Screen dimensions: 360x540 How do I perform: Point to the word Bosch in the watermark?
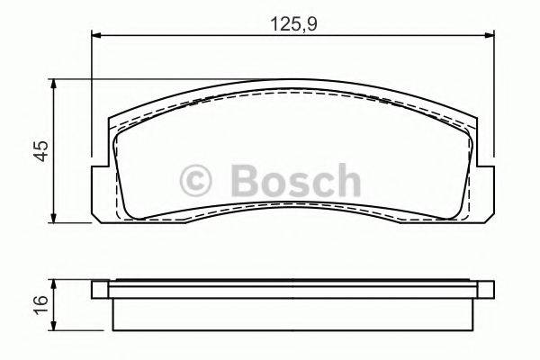click(x=294, y=179)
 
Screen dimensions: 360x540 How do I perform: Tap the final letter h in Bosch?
click(x=345, y=179)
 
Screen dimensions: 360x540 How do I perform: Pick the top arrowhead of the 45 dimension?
click(x=57, y=84)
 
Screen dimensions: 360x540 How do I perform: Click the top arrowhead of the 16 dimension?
click(x=57, y=283)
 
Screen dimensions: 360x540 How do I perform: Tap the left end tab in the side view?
click(x=101, y=289)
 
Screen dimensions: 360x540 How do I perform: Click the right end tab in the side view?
click(x=487, y=289)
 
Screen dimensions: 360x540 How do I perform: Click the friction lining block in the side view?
click(x=293, y=313)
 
